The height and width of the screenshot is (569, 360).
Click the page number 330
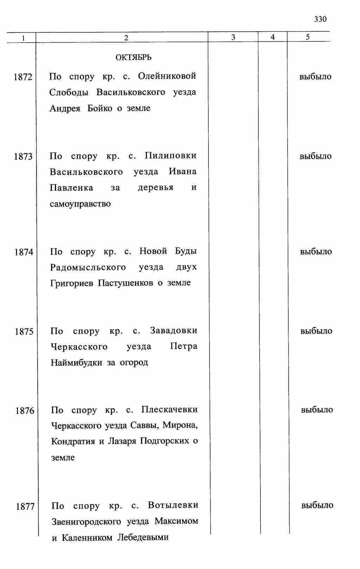click(x=320, y=19)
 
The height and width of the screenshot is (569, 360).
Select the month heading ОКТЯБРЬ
click(x=134, y=57)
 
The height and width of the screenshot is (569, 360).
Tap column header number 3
click(x=233, y=37)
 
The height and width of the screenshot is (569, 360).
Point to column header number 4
click(x=273, y=37)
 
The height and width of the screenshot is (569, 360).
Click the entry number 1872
click(x=23, y=77)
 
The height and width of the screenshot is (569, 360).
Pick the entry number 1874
click(x=24, y=252)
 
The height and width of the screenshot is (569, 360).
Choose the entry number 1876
click(x=25, y=411)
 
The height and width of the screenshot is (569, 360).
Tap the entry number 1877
click(x=25, y=507)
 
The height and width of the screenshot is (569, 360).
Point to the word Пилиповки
click(x=171, y=155)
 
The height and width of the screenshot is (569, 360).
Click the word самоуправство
click(x=80, y=204)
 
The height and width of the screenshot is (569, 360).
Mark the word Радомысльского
click(x=88, y=268)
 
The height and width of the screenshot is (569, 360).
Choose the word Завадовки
click(x=174, y=331)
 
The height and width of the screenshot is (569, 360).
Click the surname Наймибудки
click(x=76, y=363)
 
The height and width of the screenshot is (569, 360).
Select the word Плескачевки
click(x=169, y=410)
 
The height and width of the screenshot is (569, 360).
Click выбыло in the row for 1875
click(x=316, y=331)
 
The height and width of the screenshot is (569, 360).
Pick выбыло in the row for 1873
click(x=315, y=156)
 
